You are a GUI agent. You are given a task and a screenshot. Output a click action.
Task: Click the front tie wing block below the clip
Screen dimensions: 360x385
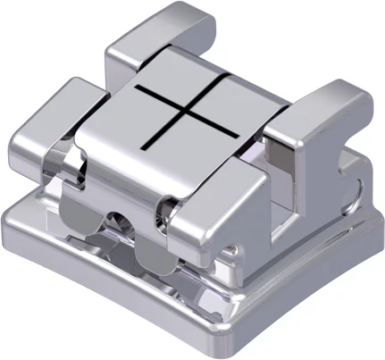(205, 223)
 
